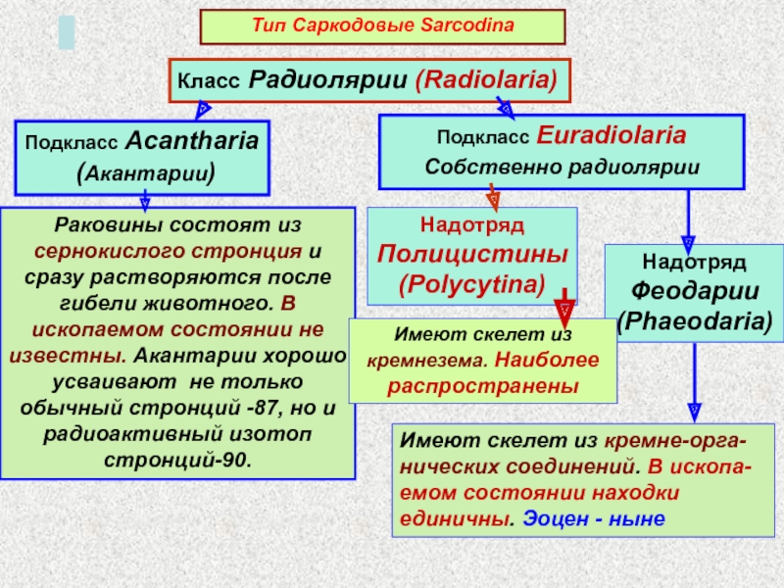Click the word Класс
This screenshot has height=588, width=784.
pos(208,80)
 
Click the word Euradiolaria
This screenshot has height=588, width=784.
pos(610,134)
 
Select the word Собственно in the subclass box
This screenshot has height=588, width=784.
pos(476,167)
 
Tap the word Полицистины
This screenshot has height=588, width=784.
pos(472,255)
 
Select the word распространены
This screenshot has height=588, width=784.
pos(483,385)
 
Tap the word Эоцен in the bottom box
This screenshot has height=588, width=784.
pos(553,517)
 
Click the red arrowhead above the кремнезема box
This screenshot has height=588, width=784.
pos(564,311)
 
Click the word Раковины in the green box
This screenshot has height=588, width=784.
pos(98,225)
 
